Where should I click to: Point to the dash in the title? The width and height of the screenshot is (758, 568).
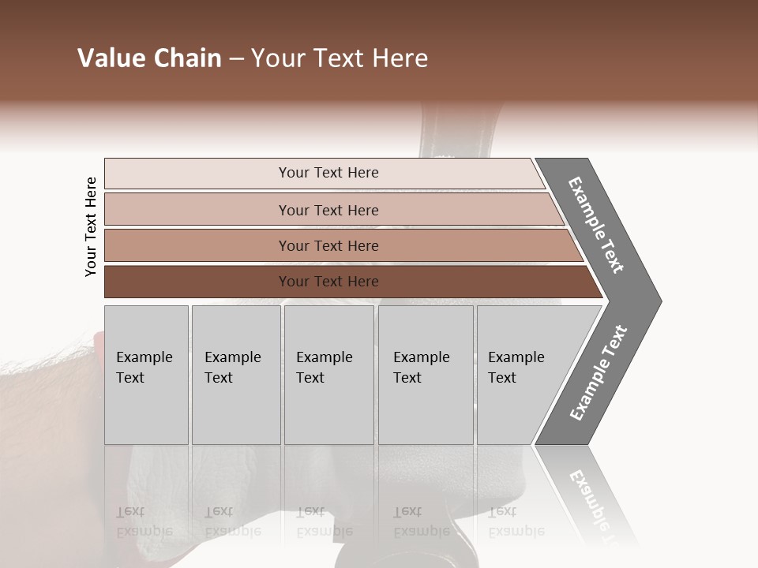coord(236,59)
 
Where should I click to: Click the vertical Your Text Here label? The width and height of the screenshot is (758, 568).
coord(91,226)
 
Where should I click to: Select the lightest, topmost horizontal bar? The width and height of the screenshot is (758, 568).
coord(324,173)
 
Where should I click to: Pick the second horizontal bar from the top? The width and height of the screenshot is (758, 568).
coord(332,210)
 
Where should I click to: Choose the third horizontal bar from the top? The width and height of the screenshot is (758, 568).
coord(340,245)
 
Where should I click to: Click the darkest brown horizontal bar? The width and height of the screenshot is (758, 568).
coord(347,282)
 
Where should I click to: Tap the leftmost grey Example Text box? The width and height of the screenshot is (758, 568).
coord(146,375)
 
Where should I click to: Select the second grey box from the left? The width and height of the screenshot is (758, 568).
coord(235,375)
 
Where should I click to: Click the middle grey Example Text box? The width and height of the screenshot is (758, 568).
coord(328,375)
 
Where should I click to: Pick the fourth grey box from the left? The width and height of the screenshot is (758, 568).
coord(425,375)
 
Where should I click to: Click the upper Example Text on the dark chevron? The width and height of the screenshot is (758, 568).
coord(596,225)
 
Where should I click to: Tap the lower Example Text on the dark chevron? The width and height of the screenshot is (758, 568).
coord(599,372)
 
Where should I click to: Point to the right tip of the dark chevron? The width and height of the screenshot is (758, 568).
coord(659,301)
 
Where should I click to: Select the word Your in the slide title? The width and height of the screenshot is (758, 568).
coord(276,58)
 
